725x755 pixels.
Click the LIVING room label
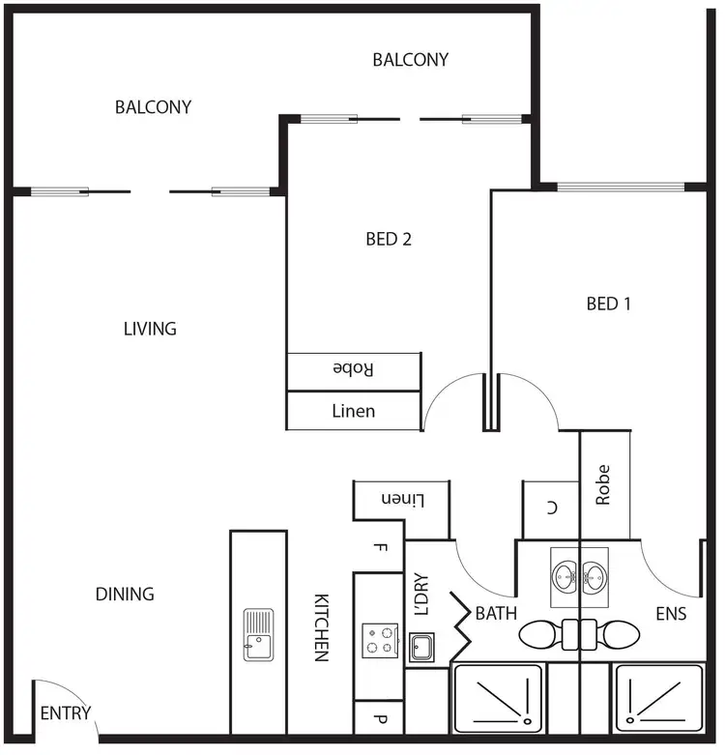(x=150, y=329)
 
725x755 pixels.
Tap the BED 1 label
(x=609, y=304)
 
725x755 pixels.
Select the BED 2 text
(x=389, y=239)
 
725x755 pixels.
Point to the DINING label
(x=125, y=594)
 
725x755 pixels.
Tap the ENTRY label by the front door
(x=66, y=714)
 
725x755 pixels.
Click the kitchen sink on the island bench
(x=258, y=634)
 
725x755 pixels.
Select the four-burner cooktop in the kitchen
(x=379, y=640)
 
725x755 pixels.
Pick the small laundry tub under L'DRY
(x=421, y=646)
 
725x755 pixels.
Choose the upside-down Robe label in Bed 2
(x=353, y=369)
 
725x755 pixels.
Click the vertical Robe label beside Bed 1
(x=604, y=484)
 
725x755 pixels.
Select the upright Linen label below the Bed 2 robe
(x=353, y=411)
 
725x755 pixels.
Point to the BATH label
(x=495, y=613)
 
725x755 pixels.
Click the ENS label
(x=671, y=613)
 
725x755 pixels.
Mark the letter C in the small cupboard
(x=550, y=508)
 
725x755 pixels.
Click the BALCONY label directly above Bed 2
(x=411, y=60)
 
